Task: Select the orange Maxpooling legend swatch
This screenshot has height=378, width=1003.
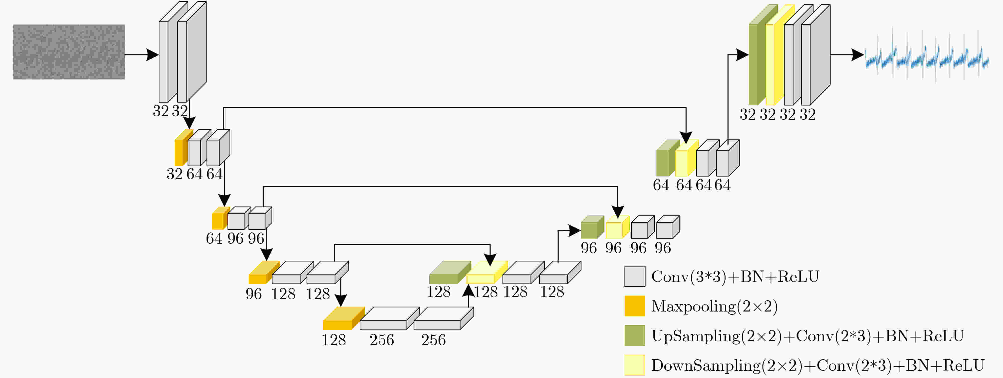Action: coord(635,306)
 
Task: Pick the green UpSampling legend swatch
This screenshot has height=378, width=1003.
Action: coord(635,335)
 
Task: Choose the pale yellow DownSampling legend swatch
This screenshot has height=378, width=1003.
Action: coord(635,365)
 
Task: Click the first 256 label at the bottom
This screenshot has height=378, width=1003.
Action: coord(382,340)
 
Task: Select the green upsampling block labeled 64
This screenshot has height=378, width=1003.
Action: coord(668,158)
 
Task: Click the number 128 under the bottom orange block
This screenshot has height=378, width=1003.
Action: coord(334,340)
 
